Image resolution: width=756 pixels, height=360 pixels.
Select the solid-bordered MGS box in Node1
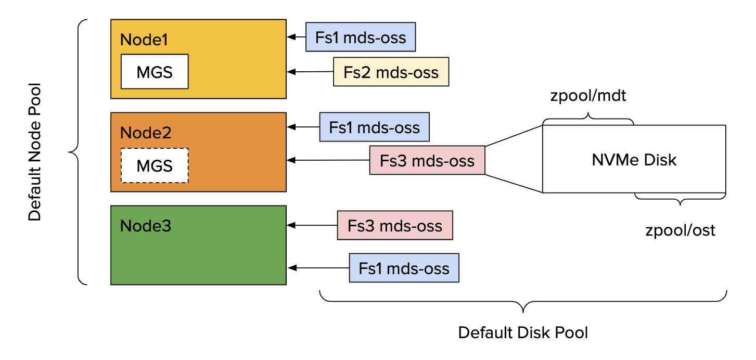(x=155, y=72)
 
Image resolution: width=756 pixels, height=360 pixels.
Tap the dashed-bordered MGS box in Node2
(x=155, y=165)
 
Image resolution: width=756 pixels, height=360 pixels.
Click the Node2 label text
(x=146, y=133)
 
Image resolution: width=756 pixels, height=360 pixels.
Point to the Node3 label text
(x=146, y=226)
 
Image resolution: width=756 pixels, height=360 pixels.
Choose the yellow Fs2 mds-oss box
(x=391, y=72)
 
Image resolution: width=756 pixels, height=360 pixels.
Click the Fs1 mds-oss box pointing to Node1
(x=360, y=36)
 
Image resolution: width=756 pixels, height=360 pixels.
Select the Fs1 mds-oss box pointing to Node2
(x=374, y=127)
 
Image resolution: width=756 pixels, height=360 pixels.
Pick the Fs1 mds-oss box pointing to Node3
(x=404, y=268)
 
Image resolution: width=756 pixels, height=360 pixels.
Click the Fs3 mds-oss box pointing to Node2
(x=427, y=160)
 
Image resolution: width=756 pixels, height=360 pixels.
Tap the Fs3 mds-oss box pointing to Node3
(x=395, y=225)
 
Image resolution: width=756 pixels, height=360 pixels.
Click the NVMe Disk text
(x=634, y=160)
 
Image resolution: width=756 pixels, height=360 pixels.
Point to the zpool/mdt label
(x=588, y=97)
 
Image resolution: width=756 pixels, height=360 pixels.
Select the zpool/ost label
(x=680, y=230)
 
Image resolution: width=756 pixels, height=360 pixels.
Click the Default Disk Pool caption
(x=523, y=332)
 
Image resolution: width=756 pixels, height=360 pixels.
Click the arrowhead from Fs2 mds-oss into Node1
(x=291, y=72)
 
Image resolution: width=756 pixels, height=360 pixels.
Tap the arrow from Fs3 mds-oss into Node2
(x=328, y=160)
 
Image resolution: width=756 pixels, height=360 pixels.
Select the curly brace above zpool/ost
(x=680, y=198)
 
